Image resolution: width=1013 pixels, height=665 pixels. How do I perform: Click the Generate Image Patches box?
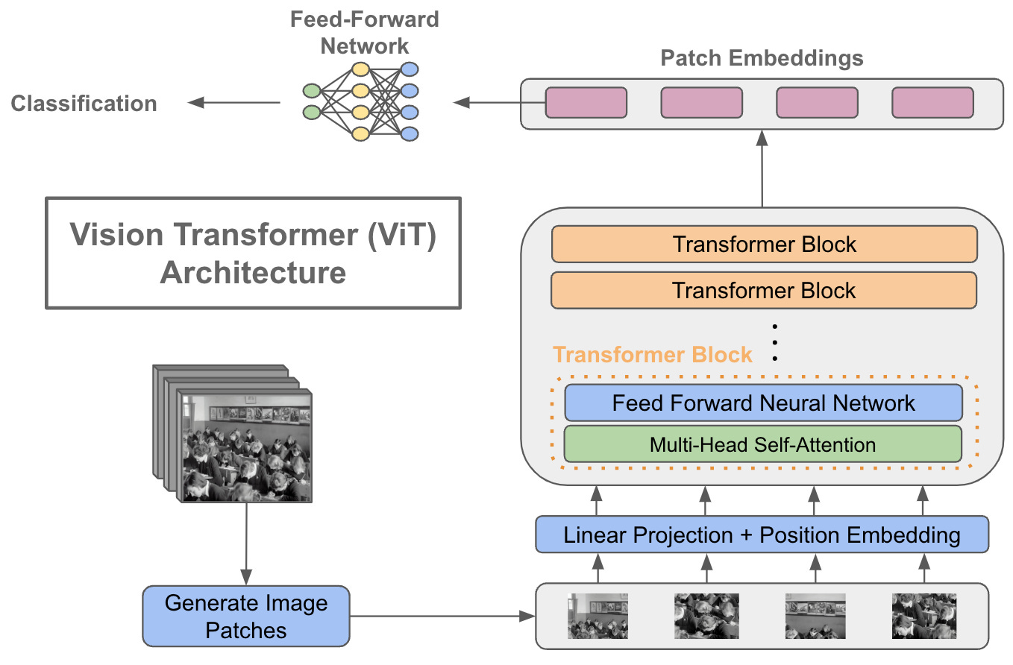pyautogui.click(x=245, y=616)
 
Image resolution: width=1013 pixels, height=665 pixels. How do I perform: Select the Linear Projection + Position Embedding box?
pyautogui.click(x=762, y=535)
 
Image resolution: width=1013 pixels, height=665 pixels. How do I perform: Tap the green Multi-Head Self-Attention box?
pyautogui.click(x=762, y=444)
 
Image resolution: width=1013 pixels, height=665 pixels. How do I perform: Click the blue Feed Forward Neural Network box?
pyautogui.click(x=762, y=403)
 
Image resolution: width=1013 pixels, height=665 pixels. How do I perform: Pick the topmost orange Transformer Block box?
pyautogui.click(x=764, y=245)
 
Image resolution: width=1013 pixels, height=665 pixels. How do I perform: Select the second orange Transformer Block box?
pyautogui.click(x=764, y=290)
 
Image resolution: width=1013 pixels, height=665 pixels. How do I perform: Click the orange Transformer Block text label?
pyautogui.click(x=652, y=354)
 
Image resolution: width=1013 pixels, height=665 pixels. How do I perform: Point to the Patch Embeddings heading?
pyautogui.click(x=762, y=58)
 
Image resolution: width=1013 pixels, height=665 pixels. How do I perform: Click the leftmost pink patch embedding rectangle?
pyautogui.click(x=586, y=103)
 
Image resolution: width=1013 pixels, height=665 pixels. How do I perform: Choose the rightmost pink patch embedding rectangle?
pyautogui.click(x=932, y=103)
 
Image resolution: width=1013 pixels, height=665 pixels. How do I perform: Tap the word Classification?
pyautogui.click(x=84, y=103)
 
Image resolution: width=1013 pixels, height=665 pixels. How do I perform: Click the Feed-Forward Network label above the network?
pyautogui.click(x=364, y=31)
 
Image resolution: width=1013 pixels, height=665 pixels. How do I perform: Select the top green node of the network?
pyautogui.click(x=311, y=91)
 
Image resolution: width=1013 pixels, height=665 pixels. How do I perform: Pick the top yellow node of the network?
pyautogui.click(x=360, y=69)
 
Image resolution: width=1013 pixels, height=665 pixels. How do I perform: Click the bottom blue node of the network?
pyautogui.click(x=409, y=134)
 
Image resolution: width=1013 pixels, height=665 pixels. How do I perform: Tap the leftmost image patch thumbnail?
pyautogui.click(x=598, y=616)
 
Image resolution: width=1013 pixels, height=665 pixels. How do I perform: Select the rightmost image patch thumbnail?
pyautogui.click(x=923, y=616)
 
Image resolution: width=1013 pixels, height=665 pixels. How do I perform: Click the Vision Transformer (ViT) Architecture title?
pyautogui.click(x=253, y=253)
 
